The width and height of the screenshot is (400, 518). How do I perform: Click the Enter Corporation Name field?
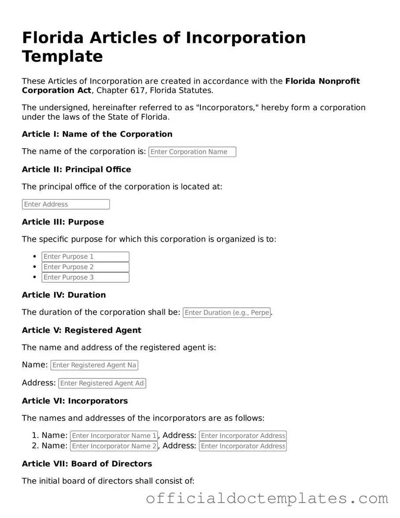[x=192, y=152]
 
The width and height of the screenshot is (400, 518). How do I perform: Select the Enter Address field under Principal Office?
[x=66, y=204]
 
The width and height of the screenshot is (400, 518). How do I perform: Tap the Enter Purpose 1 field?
[x=85, y=257]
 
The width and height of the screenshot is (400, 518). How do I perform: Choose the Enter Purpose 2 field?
[x=85, y=267]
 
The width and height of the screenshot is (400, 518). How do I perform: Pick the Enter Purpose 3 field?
[x=85, y=277]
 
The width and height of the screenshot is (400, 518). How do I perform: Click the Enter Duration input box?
[x=226, y=313]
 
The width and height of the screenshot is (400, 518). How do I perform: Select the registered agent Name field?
[x=94, y=365]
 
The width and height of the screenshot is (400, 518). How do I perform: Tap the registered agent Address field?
[x=102, y=383]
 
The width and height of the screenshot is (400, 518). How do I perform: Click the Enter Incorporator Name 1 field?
[x=114, y=436]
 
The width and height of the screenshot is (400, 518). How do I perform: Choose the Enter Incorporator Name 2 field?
[x=114, y=446]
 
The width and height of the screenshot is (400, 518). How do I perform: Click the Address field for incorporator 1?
[x=243, y=436]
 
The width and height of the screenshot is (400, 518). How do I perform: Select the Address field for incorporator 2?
[x=243, y=446]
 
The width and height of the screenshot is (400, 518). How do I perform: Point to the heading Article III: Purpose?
[x=63, y=222]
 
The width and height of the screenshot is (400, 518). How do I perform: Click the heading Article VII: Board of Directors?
[x=87, y=463]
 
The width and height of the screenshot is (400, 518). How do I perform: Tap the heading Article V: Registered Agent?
[x=81, y=330]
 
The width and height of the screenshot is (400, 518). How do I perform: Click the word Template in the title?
[x=62, y=56]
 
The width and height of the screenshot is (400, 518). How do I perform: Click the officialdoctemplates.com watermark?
[x=267, y=499]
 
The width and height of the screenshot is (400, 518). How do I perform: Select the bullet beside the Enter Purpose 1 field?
[x=35, y=257]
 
